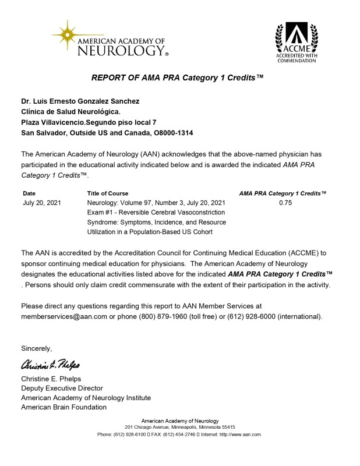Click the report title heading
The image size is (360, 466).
178,77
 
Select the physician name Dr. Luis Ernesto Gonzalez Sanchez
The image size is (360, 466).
80,101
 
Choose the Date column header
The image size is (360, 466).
29,193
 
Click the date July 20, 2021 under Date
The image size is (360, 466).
41,203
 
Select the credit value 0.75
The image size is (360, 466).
284,203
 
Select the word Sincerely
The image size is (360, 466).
37,348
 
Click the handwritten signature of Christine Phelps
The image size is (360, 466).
51,365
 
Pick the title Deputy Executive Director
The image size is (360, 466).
62,388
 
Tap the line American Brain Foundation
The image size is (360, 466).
63,407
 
